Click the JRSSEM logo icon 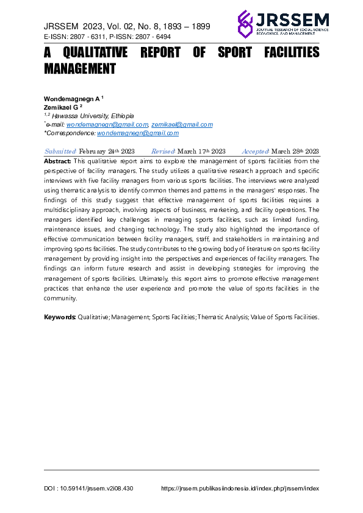245,24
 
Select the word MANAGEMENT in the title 80,69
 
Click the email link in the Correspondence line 138,133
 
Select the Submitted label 60,151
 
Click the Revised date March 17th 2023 201,151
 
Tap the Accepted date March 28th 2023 295,151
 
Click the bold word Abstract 58,160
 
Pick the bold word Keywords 60,317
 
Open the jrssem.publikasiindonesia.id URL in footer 240,489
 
